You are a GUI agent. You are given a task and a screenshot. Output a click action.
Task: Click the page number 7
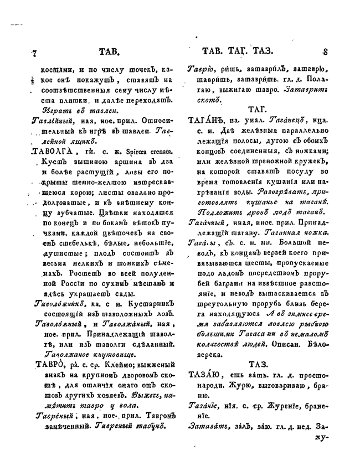pos(34,53)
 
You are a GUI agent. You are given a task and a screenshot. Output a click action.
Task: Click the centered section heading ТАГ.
pos(260,108)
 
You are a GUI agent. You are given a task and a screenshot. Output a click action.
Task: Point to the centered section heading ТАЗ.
pos(260,364)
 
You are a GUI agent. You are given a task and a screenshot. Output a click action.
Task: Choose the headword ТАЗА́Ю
pos(207,376)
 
